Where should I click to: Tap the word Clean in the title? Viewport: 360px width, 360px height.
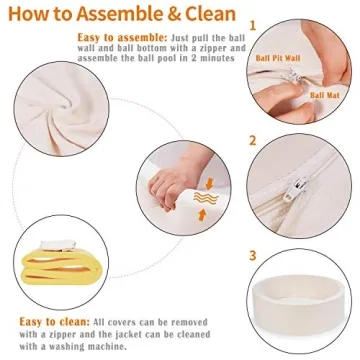211,14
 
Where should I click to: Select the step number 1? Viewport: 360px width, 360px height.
253,26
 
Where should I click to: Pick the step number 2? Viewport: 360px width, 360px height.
253,141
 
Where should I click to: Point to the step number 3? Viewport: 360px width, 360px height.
253,256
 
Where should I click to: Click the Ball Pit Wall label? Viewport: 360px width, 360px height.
278,58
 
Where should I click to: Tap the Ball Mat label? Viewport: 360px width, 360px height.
325,95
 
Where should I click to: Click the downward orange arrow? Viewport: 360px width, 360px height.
209,184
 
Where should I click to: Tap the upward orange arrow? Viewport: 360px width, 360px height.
202,215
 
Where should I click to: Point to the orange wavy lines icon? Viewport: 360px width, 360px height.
206,199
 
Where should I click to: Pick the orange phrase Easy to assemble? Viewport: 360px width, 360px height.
123,37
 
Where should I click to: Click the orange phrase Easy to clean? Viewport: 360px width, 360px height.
55,322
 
